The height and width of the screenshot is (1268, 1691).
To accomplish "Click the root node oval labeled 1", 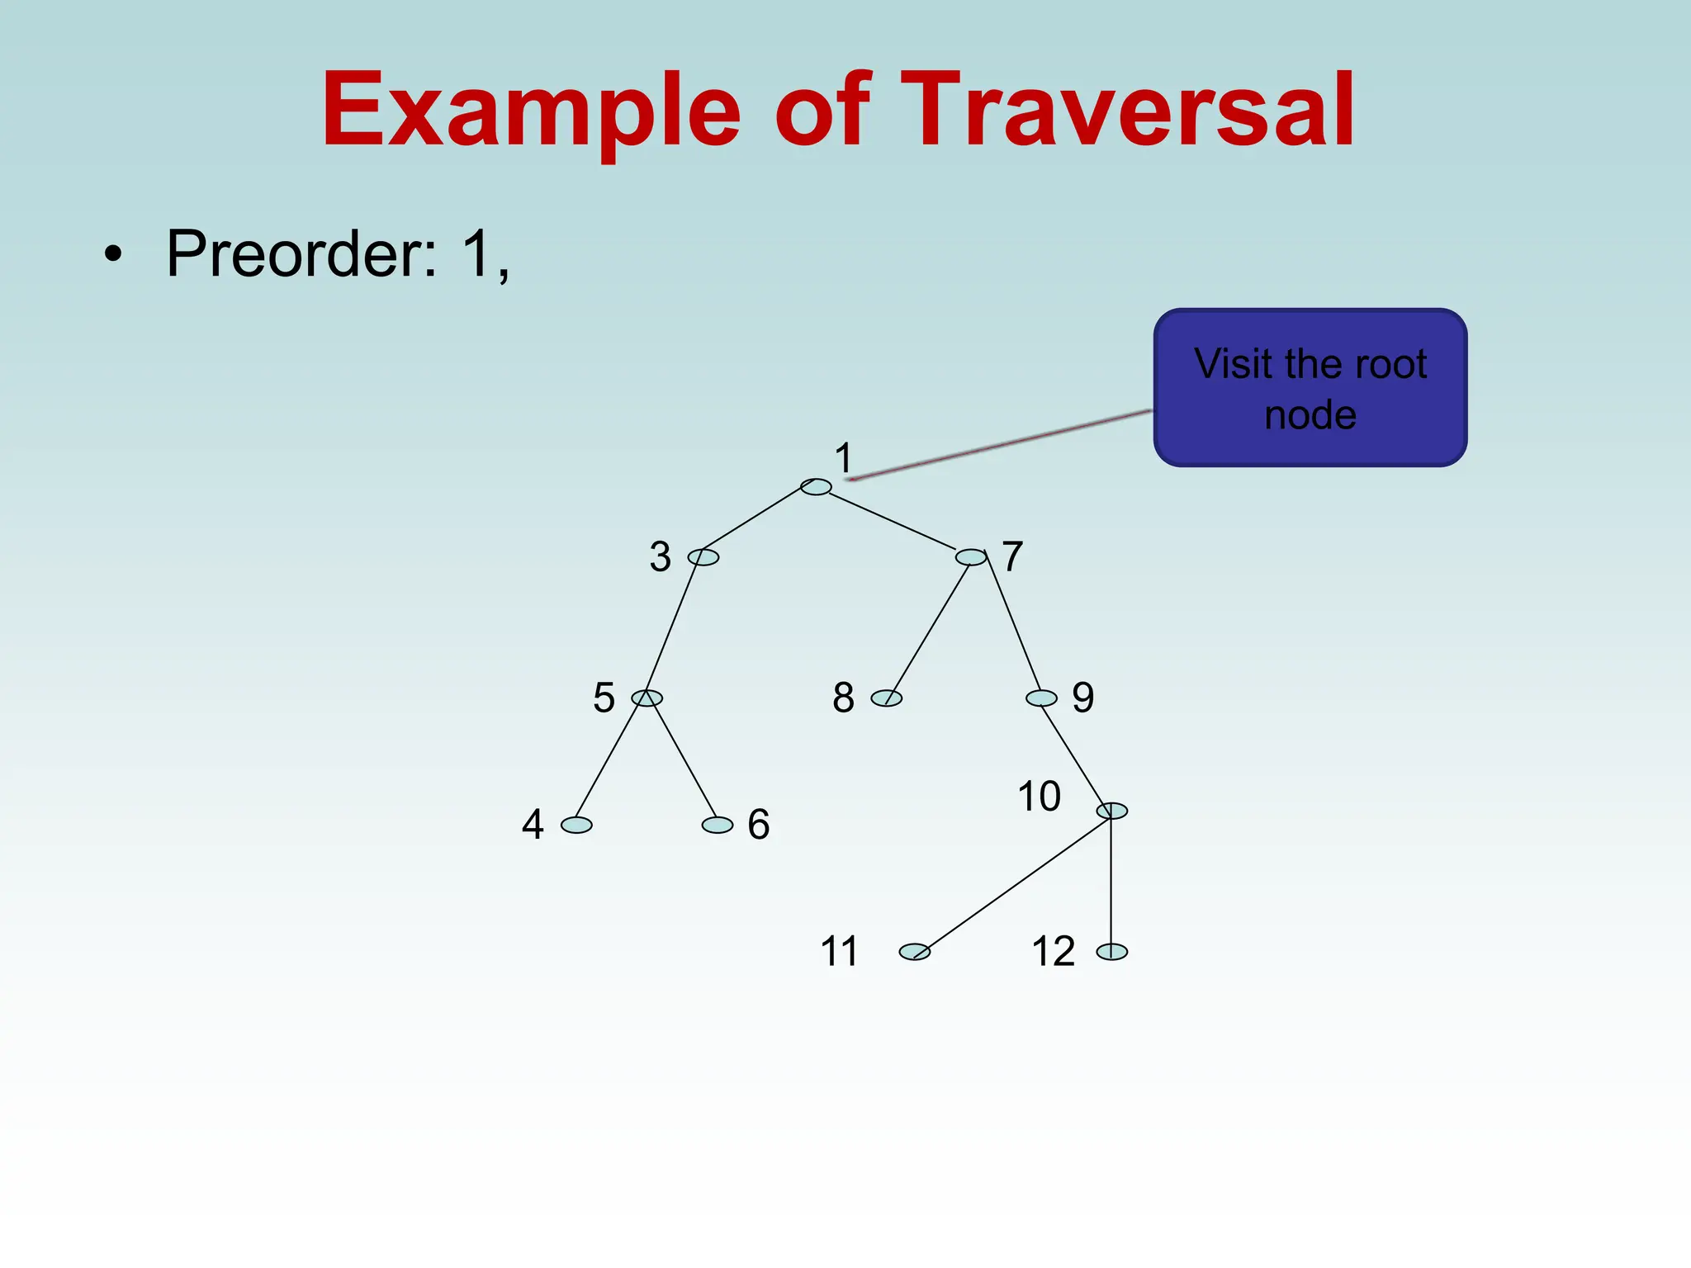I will click(816, 487).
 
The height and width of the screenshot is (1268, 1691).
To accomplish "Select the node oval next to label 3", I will click(703, 557).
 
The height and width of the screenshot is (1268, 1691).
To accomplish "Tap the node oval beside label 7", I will click(971, 557).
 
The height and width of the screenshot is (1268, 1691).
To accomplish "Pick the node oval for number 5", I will click(647, 698).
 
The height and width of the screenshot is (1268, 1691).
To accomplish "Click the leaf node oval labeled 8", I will click(887, 698).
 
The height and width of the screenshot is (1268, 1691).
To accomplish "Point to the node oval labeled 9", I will click(1041, 698).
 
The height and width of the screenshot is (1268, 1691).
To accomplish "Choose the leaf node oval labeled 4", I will click(576, 825).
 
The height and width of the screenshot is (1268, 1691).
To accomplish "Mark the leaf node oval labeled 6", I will click(718, 825).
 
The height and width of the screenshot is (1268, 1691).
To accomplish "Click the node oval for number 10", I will click(1112, 811).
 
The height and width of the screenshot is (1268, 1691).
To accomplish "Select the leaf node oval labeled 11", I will click(915, 952).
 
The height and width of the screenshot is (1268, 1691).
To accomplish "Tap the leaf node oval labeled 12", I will click(1112, 952).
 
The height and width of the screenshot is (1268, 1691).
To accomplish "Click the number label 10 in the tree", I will click(1039, 797).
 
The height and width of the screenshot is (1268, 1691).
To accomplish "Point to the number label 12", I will click(1054, 951).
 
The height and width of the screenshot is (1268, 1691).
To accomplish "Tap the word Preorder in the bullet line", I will click(301, 253).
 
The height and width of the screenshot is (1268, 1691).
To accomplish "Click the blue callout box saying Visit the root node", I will click(1310, 388).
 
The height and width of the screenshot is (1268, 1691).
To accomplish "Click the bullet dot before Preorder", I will click(113, 253).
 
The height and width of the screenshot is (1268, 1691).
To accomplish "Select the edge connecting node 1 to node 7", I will click(892, 521).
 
